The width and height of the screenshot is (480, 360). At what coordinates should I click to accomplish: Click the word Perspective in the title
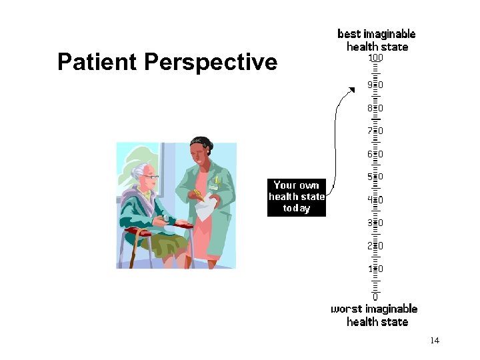click(210, 62)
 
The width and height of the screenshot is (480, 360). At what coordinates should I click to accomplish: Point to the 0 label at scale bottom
click(375, 296)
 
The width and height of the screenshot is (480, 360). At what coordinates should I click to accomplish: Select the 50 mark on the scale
click(375, 176)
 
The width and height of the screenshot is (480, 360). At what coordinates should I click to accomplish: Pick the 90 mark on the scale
click(375, 85)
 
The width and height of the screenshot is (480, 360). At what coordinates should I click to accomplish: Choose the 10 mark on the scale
click(375, 268)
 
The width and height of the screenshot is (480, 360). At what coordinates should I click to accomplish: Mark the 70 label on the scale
click(375, 131)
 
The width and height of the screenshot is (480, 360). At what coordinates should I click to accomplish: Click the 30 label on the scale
click(375, 222)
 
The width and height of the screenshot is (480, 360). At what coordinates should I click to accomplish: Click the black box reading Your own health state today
click(297, 197)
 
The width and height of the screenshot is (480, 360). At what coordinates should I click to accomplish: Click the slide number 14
click(435, 341)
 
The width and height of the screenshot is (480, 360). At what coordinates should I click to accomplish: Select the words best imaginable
click(377, 33)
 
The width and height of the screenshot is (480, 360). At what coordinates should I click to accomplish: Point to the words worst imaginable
click(374, 309)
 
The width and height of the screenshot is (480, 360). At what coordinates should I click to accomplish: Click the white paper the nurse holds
click(205, 207)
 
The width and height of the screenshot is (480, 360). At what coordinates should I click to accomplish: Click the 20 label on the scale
click(375, 245)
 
